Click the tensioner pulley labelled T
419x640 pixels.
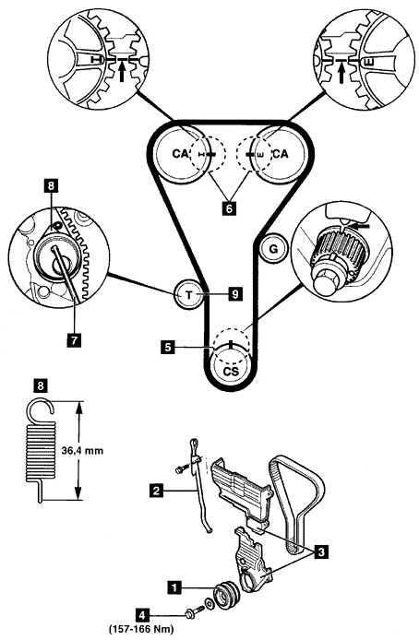tap(188, 294)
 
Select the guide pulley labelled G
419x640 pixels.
tap(273, 248)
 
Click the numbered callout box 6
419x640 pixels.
tap(229, 208)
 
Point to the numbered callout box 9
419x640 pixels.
tap(234, 294)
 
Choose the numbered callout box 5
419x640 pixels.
tap(167, 348)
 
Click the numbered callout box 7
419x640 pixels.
tap(74, 339)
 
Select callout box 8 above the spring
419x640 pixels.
tap(42, 385)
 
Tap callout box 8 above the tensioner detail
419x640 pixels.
tap(51, 186)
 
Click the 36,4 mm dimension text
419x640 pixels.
tap(82, 451)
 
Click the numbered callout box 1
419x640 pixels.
tap(174, 587)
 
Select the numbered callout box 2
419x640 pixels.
tap(156, 490)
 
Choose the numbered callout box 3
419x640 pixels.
tap(321, 552)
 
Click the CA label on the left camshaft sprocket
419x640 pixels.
tap(181, 154)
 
